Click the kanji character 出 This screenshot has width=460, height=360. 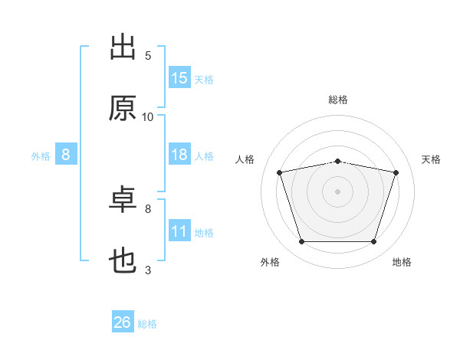pos(123,47)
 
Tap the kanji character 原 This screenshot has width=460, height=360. pos(123,109)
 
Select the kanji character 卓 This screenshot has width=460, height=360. pos(123,201)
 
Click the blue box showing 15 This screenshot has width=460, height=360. pos(179,78)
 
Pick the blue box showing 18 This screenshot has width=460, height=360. pos(179,155)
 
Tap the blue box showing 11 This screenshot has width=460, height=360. pos(179,231)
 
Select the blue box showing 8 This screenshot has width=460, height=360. pos(66,155)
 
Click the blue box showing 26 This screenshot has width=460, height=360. pos(123,322)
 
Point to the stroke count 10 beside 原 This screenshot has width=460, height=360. pos(148,116)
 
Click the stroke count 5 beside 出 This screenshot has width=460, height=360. pos(148,55)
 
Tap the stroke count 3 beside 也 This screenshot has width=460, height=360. pos(148,270)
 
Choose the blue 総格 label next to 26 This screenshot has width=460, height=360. pos(147,324)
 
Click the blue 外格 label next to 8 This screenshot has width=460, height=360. pos(41,156)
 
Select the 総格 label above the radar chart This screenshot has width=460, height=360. pos(338,100)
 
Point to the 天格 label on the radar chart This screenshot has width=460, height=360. pos(432,159)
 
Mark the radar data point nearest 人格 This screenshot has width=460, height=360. pos(280,172)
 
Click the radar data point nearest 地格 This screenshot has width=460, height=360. pos(373,242)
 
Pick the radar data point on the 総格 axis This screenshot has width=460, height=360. pos(337,161)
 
